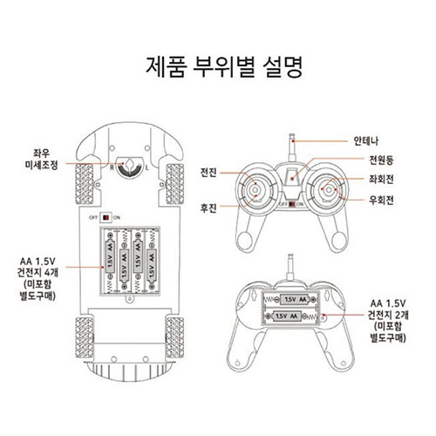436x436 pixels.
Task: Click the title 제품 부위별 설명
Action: (217, 67)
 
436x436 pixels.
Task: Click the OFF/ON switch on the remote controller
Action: (293, 203)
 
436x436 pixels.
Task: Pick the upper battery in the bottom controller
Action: (297, 302)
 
